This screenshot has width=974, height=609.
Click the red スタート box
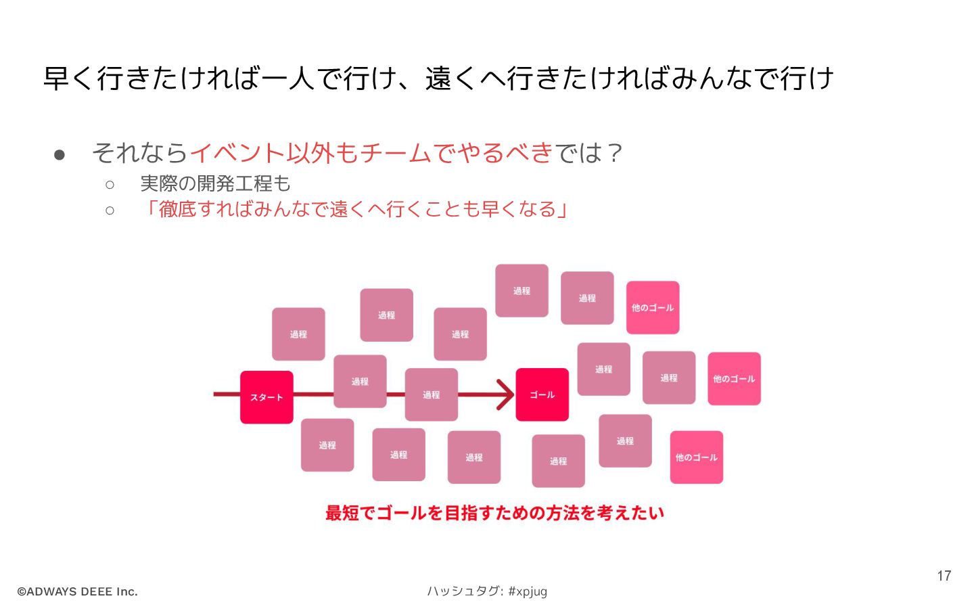pyautogui.click(x=266, y=397)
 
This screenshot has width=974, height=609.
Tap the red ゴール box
pyautogui.click(x=542, y=394)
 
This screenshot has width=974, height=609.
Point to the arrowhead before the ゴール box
pyautogui.click(x=506, y=394)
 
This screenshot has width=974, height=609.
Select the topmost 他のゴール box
pyautogui.click(x=652, y=307)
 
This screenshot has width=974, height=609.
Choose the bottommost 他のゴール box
pyautogui.click(x=696, y=457)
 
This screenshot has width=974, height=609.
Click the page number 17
pyautogui.click(x=944, y=576)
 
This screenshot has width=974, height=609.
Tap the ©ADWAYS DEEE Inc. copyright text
pyautogui.click(x=77, y=591)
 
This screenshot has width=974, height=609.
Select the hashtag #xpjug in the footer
pyautogui.click(x=528, y=591)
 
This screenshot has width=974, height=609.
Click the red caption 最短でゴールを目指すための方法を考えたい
pyautogui.click(x=494, y=513)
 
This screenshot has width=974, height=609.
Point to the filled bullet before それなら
pyautogui.click(x=60, y=155)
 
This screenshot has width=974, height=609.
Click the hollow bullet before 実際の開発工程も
pyautogui.click(x=110, y=184)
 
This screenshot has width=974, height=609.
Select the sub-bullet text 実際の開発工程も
pyautogui.click(x=215, y=183)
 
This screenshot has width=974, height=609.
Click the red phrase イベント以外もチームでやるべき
pyautogui.click(x=371, y=153)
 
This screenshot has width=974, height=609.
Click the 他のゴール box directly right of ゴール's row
pyautogui.click(x=734, y=379)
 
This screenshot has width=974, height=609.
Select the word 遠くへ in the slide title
pyautogui.click(x=465, y=78)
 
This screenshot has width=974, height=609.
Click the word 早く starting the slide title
pyautogui.click(x=69, y=78)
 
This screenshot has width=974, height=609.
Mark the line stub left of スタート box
pyautogui.click(x=226, y=394)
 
